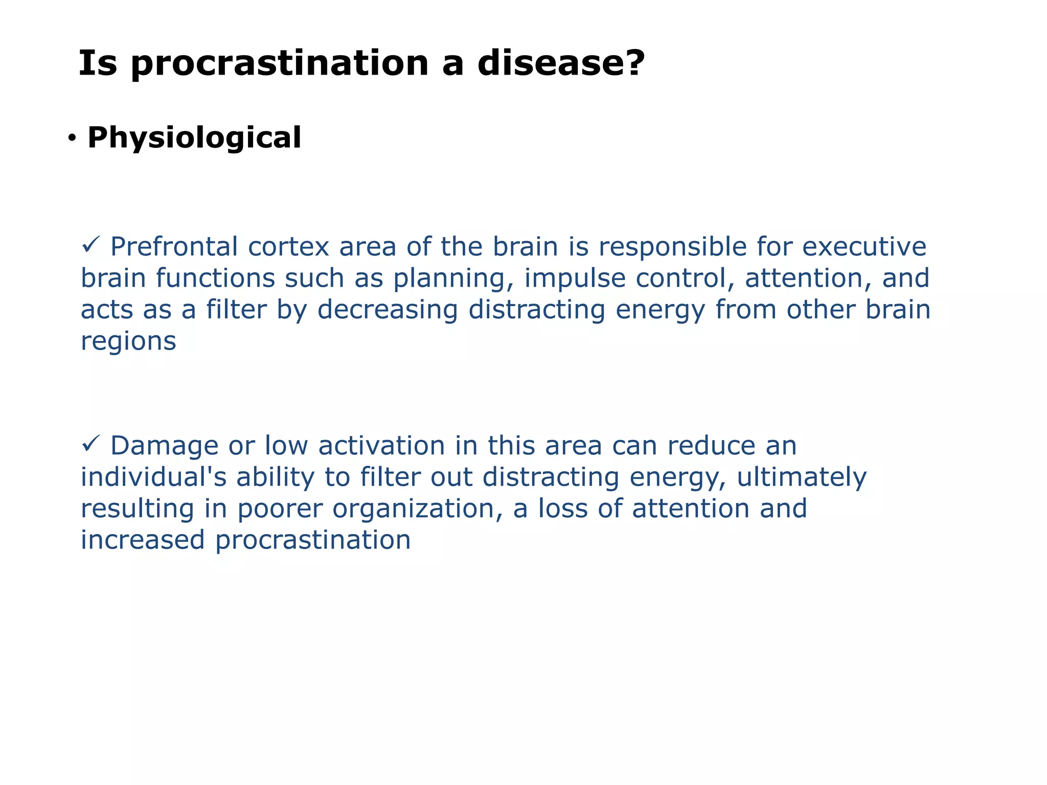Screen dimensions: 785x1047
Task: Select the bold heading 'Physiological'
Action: click(x=194, y=137)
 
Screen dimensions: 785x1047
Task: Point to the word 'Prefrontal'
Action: click(x=174, y=246)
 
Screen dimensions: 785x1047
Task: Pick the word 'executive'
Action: click(x=864, y=246)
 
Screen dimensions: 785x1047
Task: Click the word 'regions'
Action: click(x=128, y=341)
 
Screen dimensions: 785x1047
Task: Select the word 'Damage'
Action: click(x=164, y=446)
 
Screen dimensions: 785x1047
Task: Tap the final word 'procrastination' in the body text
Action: click(x=313, y=540)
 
